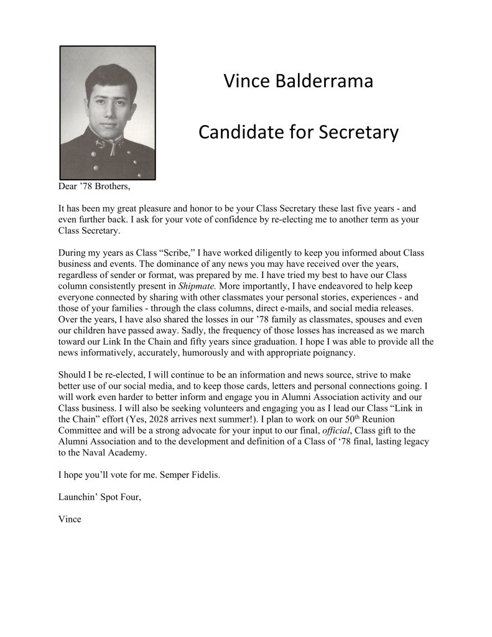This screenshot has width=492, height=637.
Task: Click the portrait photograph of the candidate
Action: [107, 113]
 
